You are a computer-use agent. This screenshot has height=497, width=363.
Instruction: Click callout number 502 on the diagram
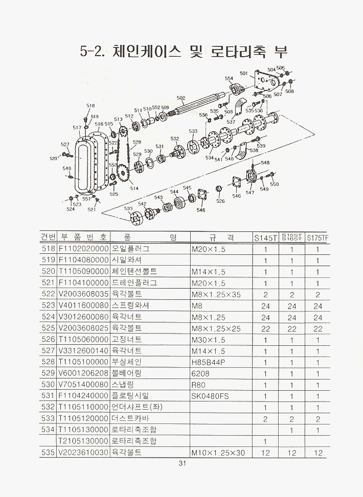pos(181,98)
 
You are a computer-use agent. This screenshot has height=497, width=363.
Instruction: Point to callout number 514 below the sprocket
pos(134,188)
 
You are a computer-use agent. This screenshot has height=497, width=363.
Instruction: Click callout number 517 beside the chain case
pos(77,128)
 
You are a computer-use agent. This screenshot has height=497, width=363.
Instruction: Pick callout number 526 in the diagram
pos(220,201)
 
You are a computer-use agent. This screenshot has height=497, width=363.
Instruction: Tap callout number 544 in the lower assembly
pos(174,192)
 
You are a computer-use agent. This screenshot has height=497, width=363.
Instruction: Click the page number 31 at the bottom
pos(182,464)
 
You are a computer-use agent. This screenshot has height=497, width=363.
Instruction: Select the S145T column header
pos(266,238)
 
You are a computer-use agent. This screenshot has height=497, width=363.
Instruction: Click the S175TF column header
pos(317,238)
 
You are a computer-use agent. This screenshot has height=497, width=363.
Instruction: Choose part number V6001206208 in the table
pos(83,373)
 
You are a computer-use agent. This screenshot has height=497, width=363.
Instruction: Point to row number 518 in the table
pos(48,249)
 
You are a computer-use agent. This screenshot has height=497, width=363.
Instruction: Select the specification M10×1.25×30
pos(218,453)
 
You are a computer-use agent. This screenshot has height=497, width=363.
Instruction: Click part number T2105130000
pos(83,441)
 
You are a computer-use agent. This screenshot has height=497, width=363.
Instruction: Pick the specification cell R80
pos(198,385)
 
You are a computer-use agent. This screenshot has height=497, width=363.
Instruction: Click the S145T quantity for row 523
pos(266,306)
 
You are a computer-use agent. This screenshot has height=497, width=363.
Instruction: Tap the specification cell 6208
pos(200,373)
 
